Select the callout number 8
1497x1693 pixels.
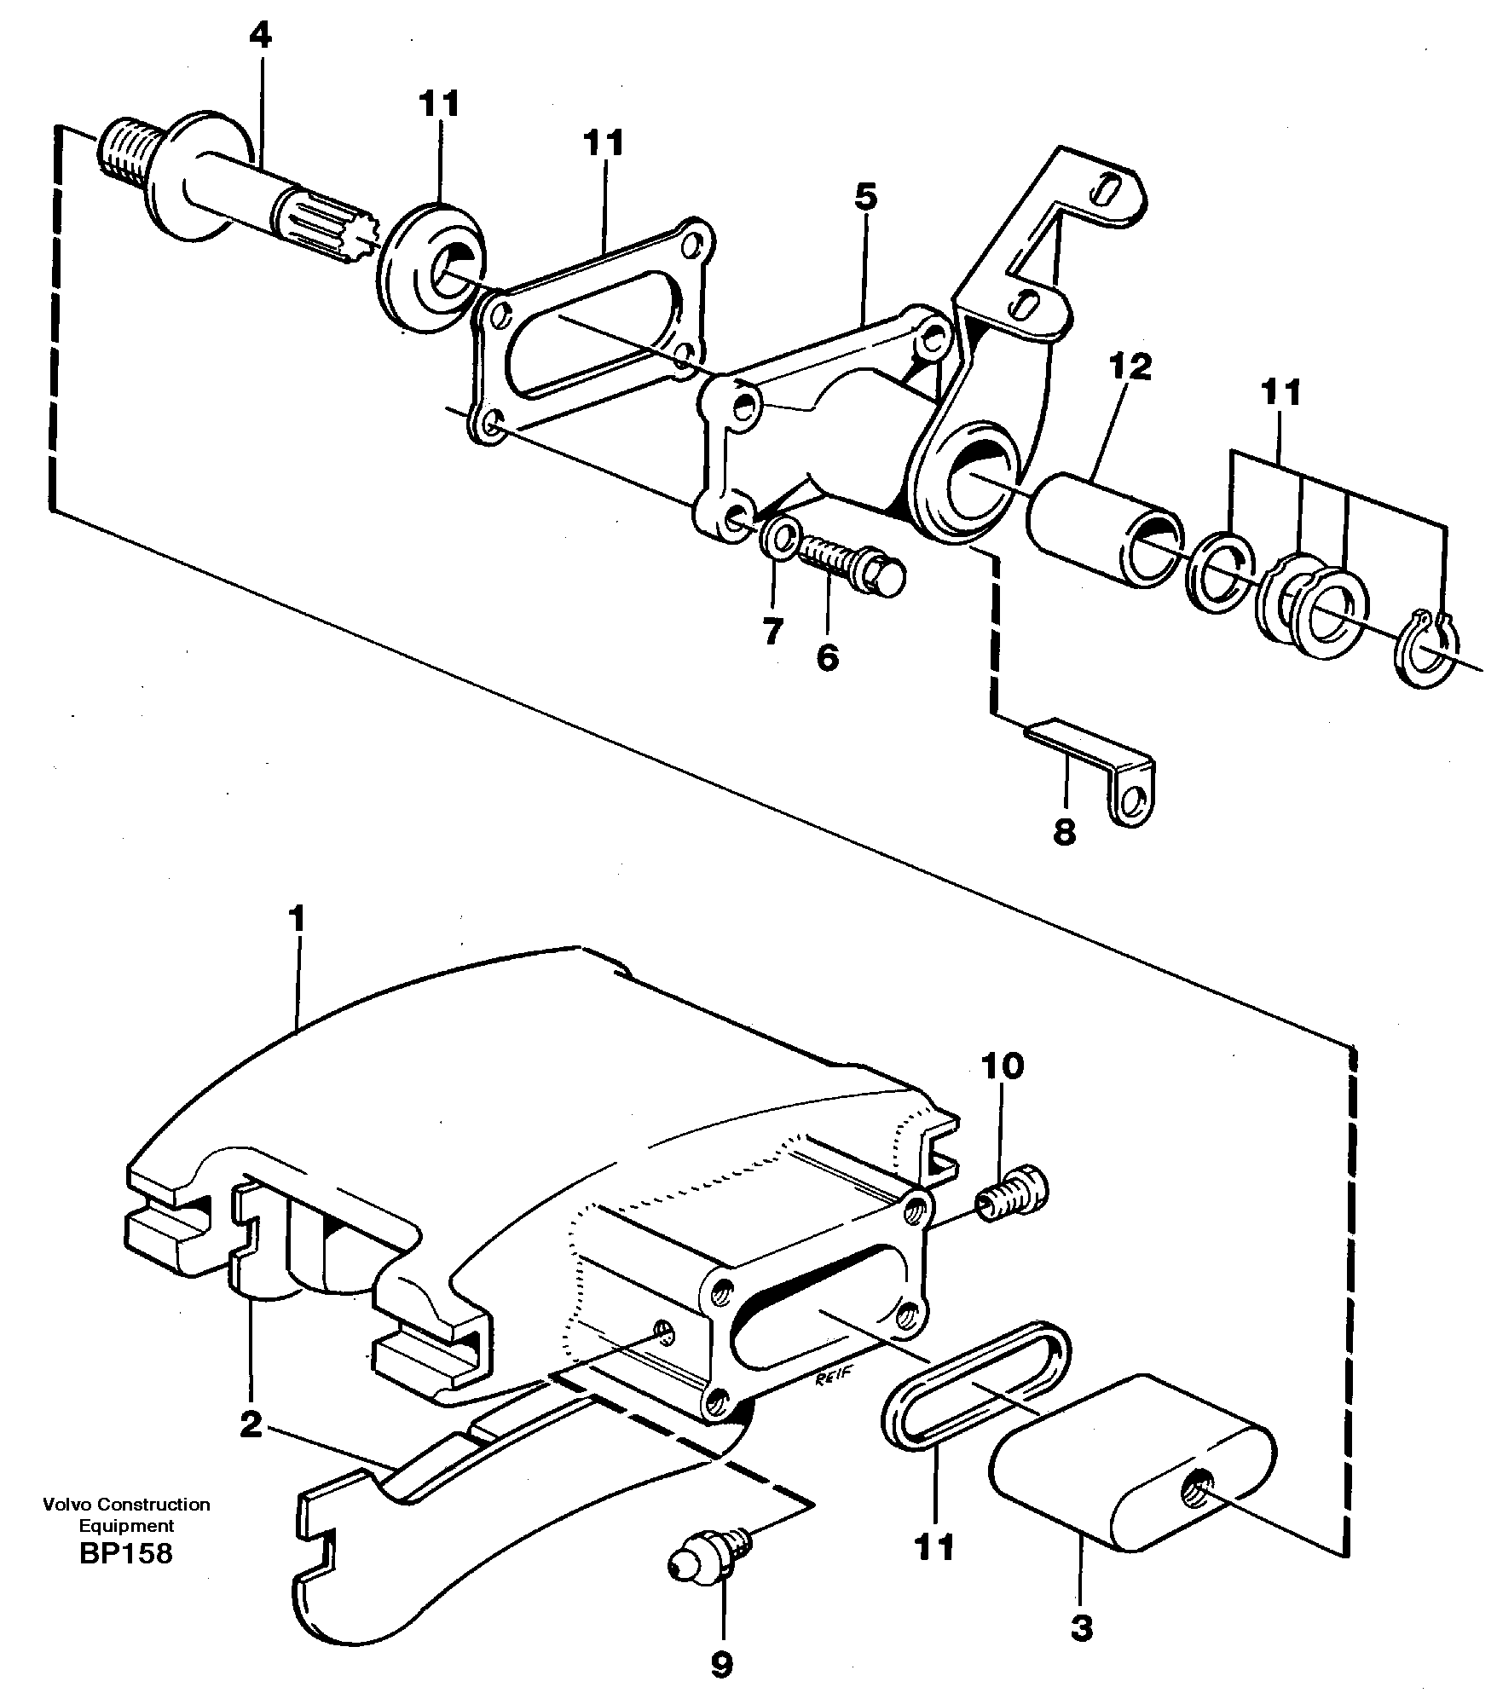coord(1064,830)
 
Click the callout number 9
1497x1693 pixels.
coord(721,1663)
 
